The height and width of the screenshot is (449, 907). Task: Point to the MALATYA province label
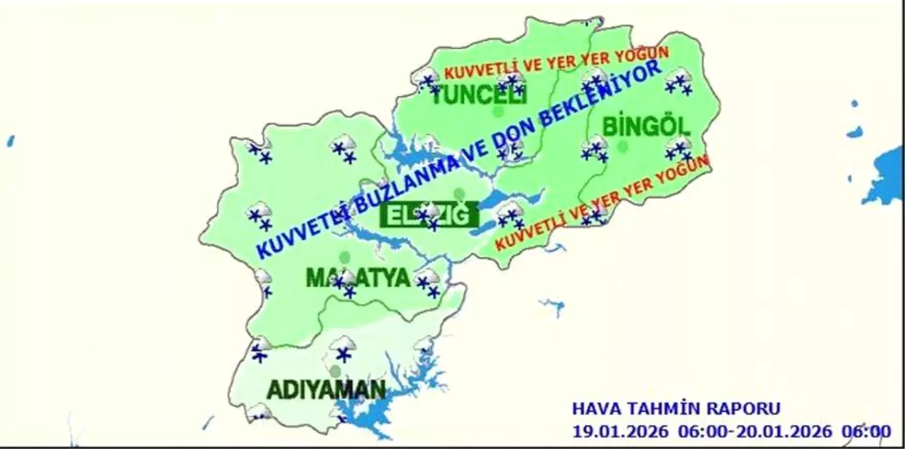(358, 277)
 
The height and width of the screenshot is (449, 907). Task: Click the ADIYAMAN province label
(325, 389)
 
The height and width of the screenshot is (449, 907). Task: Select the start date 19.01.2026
(620, 431)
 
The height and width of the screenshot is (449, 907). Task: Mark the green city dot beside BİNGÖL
(622, 146)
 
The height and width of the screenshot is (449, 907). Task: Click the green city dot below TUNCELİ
(497, 111)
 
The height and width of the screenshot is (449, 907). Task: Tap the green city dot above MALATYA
(344, 257)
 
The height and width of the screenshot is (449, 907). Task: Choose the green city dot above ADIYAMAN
(335, 371)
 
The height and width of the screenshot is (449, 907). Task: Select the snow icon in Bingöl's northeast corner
(679, 81)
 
